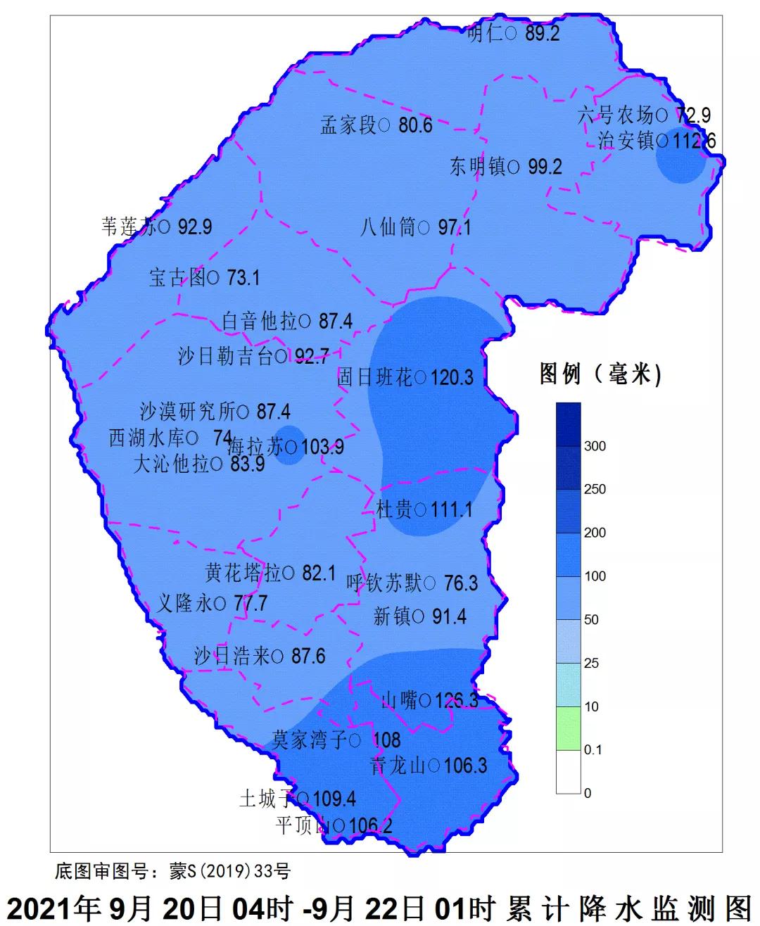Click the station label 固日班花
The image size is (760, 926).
click(375, 378)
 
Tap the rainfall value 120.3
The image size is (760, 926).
click(452, 378)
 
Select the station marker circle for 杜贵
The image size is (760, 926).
click(420, 509)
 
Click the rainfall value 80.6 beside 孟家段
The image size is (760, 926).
click(415, 126)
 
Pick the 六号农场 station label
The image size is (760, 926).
click(616, 114)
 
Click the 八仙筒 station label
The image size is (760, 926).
click(388, 228)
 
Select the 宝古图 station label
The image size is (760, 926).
click(177, 278)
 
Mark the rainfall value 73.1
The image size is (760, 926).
click(243, 278)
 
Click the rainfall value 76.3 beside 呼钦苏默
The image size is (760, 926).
click(461, 583)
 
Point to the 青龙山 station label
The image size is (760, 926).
click(398, 765)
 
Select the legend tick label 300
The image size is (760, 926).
click(595, 446)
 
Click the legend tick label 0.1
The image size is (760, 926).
click(593, 750)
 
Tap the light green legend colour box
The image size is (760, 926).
click(568, 728)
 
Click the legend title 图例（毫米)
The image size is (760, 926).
click(600, 374)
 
